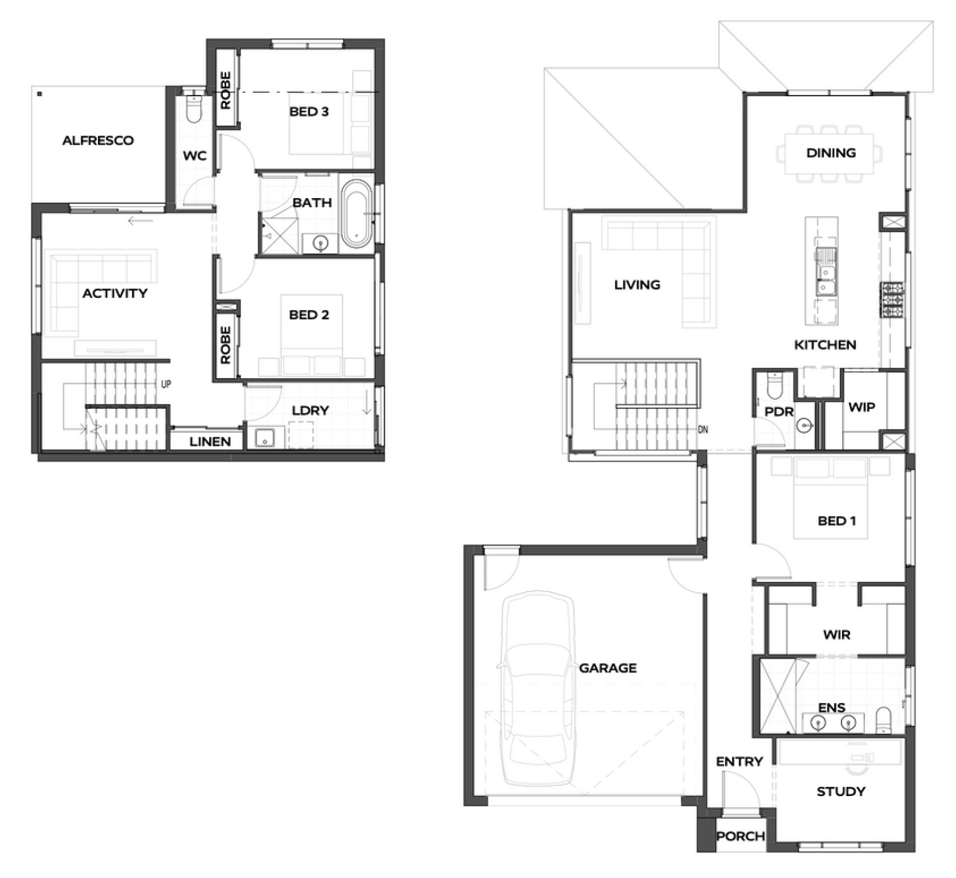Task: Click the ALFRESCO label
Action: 98,140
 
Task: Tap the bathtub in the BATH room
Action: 357,214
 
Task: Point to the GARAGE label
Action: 608,668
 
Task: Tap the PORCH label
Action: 741,836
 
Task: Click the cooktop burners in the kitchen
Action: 893,299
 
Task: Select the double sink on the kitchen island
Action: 824,273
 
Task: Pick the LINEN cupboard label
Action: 210,441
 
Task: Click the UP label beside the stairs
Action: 166,384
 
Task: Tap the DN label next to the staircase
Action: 703,429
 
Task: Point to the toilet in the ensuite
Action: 884,720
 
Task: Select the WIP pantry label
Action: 861,407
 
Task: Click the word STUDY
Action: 841,791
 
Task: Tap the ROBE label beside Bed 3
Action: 226,90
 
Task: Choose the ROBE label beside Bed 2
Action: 226,345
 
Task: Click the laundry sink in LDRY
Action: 265,438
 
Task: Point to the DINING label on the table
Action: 831,153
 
